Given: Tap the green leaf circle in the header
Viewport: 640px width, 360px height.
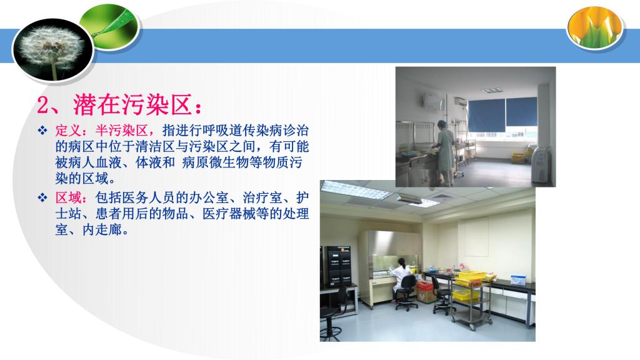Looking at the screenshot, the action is (110, 26).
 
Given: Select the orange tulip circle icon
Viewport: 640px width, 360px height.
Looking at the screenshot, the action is (595, 27).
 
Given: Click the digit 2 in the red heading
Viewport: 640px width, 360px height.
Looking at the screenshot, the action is (43, 105).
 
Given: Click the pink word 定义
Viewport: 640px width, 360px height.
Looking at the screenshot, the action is (68, 131).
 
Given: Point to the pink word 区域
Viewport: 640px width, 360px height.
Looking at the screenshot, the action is (68, 198).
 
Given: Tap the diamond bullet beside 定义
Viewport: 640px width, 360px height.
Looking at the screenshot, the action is (42, 131).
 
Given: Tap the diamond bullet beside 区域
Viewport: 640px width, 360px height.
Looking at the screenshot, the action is (42, 198).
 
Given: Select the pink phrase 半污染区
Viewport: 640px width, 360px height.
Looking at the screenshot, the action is (121, 131).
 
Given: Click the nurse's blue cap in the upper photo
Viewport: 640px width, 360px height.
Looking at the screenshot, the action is (441, 124).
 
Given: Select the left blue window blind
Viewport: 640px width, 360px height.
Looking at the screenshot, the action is (486, 115).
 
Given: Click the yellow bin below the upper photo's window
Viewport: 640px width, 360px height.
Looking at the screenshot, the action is (518, 157).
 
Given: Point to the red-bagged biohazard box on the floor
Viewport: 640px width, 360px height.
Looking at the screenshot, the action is (425, 291).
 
